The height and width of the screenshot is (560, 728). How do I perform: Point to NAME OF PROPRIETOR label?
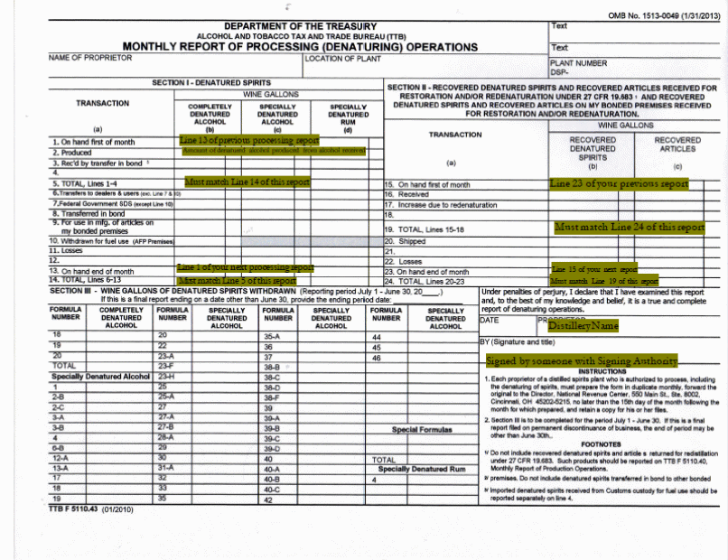point(90,58)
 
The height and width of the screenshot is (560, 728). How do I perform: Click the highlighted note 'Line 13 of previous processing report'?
point(249,141)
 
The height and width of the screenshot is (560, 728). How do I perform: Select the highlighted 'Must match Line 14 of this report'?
point(247,182)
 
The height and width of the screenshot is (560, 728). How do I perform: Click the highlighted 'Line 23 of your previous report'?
point(619,183)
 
